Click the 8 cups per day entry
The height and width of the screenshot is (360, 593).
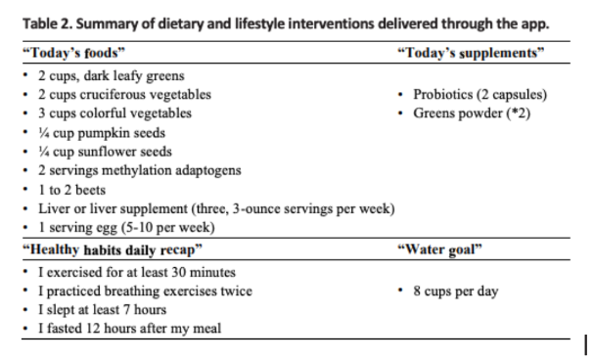pos(456,291)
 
